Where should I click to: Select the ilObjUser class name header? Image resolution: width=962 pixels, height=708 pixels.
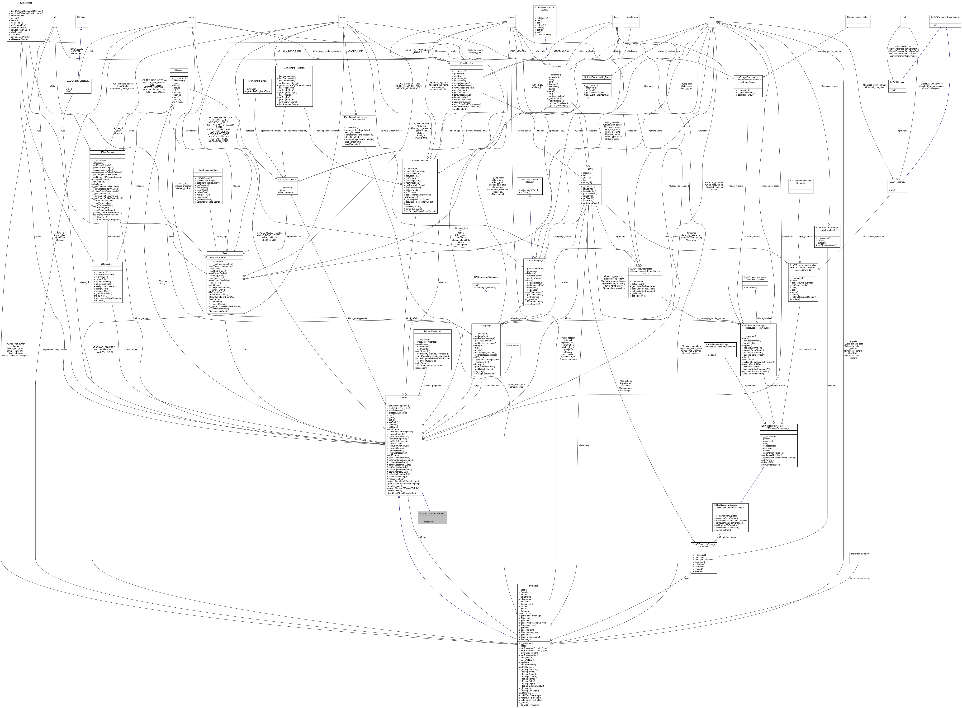pyautogui.click(x=533, y=585)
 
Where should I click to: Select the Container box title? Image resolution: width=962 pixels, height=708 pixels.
pyautogui.click(x=81, y=17)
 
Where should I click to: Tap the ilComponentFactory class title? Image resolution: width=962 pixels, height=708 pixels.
pyautogui.click(x=258, y=81)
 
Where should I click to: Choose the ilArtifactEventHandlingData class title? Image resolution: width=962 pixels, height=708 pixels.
pyautogui.click(x=596, y=77)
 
